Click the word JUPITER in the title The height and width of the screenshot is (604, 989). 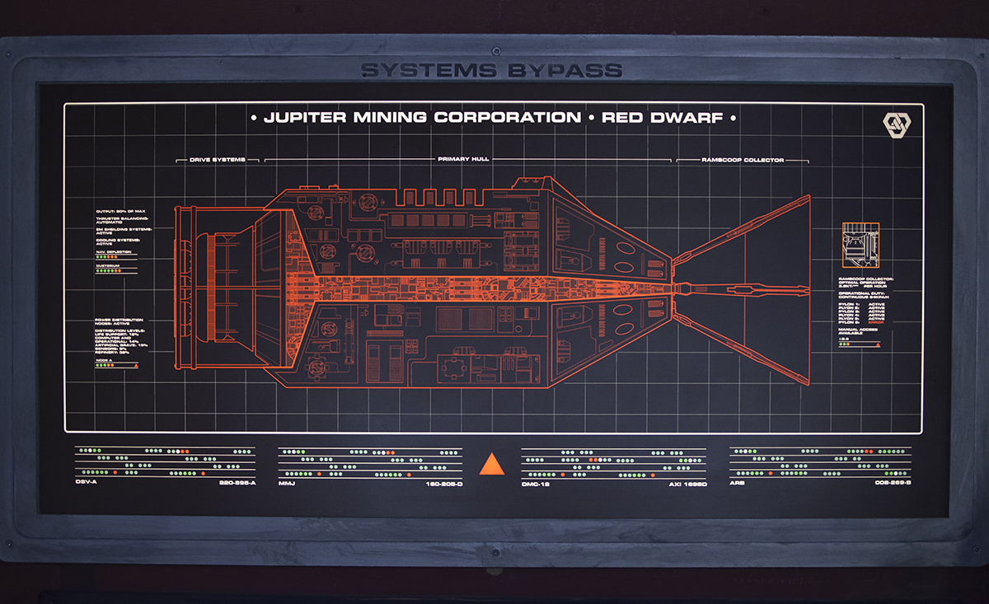[x=304, y=118]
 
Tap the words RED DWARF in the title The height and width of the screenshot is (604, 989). [x=662, y=118]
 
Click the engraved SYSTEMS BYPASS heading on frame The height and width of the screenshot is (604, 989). [x=491, y=70]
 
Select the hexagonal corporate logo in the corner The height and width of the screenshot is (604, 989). [x=895, y=124]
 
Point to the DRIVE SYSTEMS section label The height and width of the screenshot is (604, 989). [x=218, y=160]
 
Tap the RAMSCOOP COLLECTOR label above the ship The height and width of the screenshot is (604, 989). [x=743, y=160]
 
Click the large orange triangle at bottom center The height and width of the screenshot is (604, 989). [x=492, y=464]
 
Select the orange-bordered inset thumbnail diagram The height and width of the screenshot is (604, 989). [x=860, y=245]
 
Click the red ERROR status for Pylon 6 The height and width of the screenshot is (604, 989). [x=876, y=321]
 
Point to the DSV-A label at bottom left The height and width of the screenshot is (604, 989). [x=87, y=483]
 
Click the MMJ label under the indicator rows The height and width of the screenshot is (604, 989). [x=287, y=483]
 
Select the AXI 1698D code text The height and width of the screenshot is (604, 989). [x=688, y=483]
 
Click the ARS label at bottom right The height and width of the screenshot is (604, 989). [x=737, y=483]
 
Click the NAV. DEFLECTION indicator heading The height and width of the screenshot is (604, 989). [x=113, y=251]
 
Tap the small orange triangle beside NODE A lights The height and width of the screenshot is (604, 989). [x=124, y=365]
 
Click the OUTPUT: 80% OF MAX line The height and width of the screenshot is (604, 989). [x=121, y=211]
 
